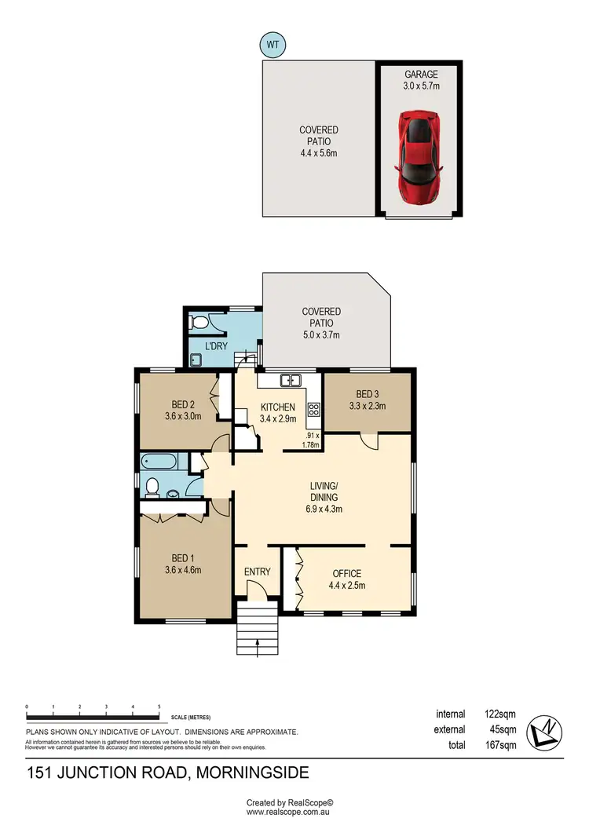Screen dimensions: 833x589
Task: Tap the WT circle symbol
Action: coord(273,46)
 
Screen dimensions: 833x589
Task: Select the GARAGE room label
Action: coord(420,75)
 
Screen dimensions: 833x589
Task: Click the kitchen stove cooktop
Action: coord(313,408)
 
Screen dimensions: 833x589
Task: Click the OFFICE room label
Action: coord(346,573)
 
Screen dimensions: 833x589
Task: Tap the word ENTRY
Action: coord(257,572)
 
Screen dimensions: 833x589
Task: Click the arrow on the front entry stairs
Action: coord(258,645)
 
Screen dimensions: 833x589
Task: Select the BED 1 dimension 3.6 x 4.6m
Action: coord(184,571)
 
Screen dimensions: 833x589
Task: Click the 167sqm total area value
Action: coord(501,746)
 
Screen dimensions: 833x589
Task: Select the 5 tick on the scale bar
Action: coord(159,707)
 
